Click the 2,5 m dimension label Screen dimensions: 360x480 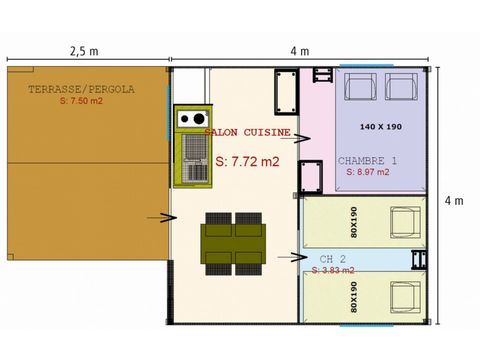pyautogui.click(x=83, y=50)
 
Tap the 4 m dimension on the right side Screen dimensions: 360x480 pyautogui.click(x=458, y=200)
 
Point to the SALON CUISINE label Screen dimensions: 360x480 pyautogui.click(x=247, y=131)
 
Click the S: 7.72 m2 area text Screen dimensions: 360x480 pyautogui.click(x=248, y=160)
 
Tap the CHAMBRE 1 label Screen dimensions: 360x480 pyautogui.click(x=367, y=160)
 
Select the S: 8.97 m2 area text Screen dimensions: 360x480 pyautogui.click(x=367, y=172)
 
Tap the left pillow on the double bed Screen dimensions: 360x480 pyautogui.click(x=361, y=88)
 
